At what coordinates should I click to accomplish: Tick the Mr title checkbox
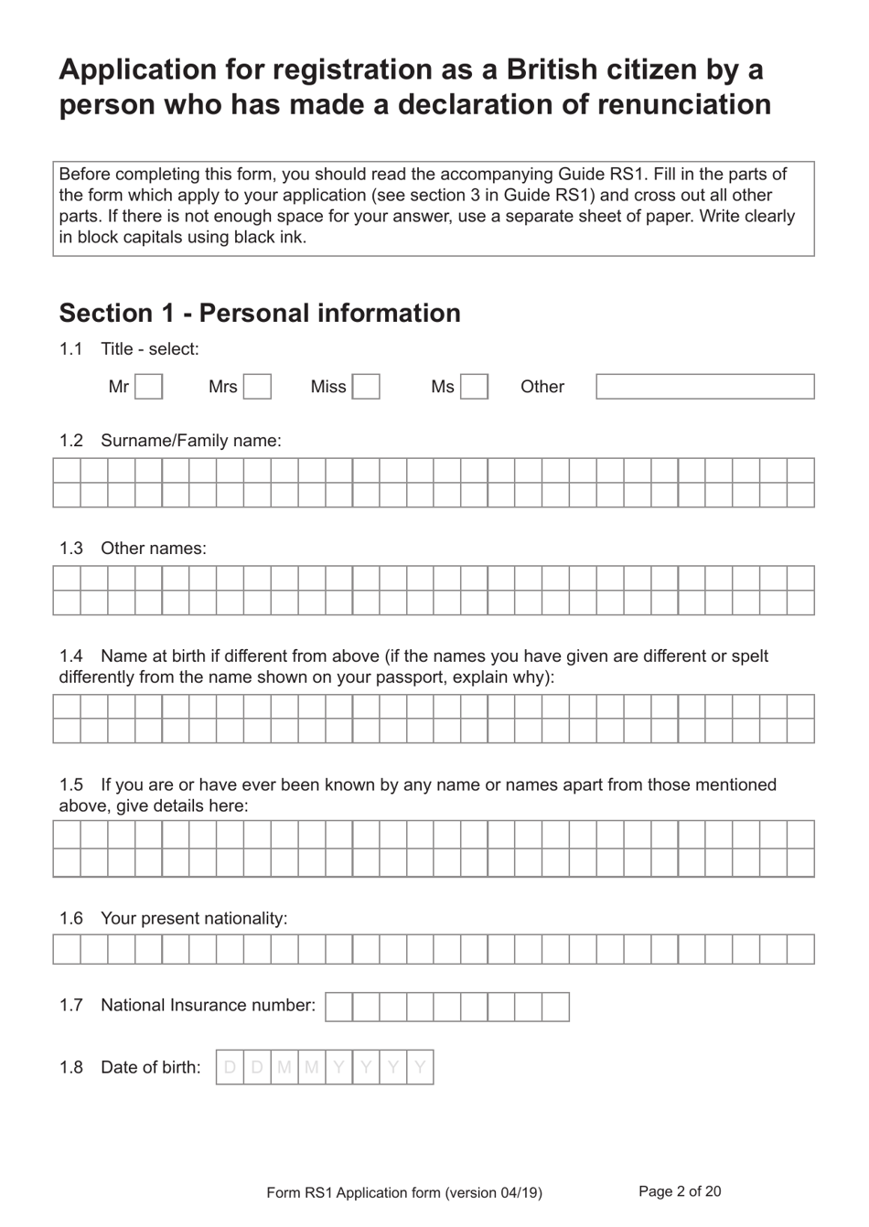149,387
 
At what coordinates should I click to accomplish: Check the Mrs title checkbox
258,387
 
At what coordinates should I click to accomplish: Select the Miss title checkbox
366,387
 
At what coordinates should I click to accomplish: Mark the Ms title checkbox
474,387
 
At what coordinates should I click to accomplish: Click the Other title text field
704,387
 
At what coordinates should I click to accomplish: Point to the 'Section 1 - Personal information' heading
260,313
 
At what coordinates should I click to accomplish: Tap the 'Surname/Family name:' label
190,441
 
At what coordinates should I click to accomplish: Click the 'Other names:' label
153,549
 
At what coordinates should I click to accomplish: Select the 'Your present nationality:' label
193,918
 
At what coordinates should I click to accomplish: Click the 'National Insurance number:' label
208,1005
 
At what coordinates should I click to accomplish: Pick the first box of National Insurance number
338,1007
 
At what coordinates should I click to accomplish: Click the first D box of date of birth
230,1067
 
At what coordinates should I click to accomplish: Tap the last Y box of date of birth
420,1067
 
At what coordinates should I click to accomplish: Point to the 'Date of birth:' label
150,1067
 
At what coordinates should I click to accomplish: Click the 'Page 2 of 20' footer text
680,1191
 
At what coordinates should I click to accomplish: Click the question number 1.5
70,784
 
